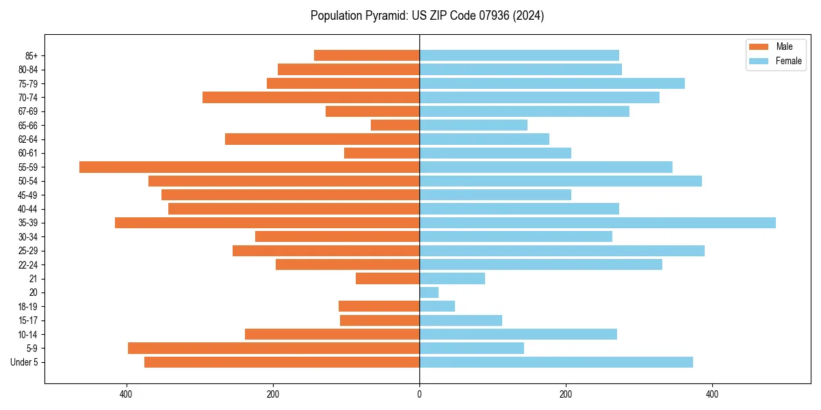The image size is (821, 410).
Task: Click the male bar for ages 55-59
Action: coord(249,167)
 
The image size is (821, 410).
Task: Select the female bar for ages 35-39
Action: coord(597,223)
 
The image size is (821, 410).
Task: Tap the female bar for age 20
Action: coord(429,292)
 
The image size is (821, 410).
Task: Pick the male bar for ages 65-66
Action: coord(395,125)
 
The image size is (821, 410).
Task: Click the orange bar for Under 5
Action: coord(282,362)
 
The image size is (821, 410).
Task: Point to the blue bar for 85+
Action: coord(519,55)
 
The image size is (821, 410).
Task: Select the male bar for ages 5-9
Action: coord(274,348)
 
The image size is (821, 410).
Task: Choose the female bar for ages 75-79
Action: coord(552,83)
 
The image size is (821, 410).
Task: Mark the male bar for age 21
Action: coord(387,279)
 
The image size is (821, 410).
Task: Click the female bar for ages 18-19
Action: coord(437,306)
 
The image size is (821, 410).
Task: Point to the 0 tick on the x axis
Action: coord(419,394)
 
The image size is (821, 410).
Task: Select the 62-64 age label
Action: coord(28,139)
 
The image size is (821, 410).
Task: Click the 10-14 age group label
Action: coord(28,334)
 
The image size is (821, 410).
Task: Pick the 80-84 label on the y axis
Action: coord(28,70)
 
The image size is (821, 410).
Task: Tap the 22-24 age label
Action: coord(28,264)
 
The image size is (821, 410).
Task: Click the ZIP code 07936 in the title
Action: coord(484,16)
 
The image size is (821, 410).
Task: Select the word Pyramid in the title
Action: coord(385,16)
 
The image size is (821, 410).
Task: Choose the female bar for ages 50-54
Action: coord(560,181)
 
